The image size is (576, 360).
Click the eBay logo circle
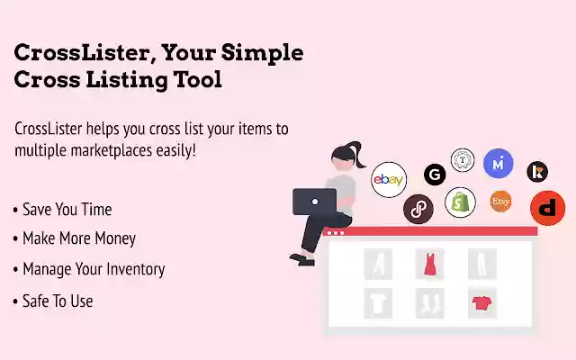389,180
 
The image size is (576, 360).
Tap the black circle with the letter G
436,175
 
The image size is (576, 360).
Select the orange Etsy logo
500,202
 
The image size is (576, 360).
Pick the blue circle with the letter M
498,163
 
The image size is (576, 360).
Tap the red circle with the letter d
547,208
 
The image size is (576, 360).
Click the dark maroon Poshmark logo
418,208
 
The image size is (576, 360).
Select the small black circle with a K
537,171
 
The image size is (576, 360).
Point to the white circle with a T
463,159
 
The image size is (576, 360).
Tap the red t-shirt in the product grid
481,303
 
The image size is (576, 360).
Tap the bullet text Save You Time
67,210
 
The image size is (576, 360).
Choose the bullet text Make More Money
78,238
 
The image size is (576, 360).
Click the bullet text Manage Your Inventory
93,268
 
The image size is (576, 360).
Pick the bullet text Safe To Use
58,301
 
